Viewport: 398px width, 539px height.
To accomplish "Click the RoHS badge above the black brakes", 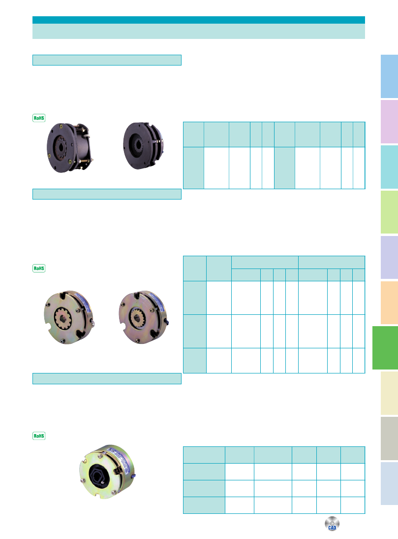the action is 39,118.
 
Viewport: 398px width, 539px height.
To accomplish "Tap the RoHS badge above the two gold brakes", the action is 39,268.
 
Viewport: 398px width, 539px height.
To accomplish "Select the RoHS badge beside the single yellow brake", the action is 39,436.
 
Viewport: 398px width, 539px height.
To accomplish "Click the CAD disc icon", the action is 332,524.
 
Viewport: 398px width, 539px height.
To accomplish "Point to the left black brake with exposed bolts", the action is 70,147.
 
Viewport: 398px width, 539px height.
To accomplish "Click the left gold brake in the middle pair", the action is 69,317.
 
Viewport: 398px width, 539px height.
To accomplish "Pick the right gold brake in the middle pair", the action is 144,317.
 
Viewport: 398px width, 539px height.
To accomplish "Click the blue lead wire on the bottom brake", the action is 133,476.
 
